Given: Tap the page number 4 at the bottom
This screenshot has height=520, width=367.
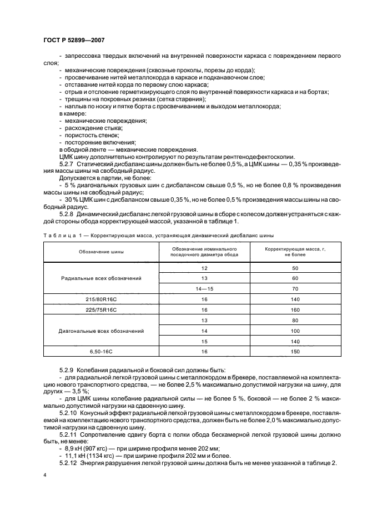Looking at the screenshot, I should coord(44,475).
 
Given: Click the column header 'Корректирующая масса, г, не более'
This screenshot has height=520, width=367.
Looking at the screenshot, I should coord(295,252).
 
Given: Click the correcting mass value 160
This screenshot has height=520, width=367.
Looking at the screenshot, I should coord(295,309).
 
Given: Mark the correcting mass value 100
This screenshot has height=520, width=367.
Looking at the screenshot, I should coord(295,331).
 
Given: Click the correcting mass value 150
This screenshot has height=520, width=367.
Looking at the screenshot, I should coord(295,352).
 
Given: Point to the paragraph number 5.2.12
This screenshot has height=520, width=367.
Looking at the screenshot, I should coord(69,463).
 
